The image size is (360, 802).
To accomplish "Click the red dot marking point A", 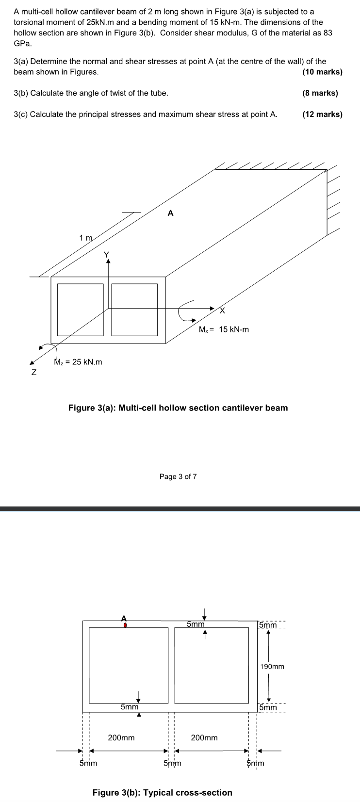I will (x=125, y=625).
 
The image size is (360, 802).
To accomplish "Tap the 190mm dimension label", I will (x=272, y=666).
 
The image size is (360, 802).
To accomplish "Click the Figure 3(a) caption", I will (x=178, y=408).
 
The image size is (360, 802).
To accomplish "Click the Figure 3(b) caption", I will (x=162, y=792).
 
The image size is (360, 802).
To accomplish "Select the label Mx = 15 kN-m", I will (x=224, y=329).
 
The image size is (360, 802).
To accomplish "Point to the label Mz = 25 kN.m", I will (x=78, y=362).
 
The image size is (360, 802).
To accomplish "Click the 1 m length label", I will (x=86, y=238).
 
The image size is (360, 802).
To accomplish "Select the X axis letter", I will (x=223, y=311).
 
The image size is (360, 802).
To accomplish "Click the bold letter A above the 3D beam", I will (x=170, y=213).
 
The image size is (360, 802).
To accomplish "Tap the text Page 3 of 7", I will (x=178, y=476).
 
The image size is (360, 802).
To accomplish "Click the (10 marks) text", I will (x=322, y=72).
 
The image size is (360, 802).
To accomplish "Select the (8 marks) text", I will (x=320, y=93).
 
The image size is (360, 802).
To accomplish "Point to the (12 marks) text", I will (x=322, y=114).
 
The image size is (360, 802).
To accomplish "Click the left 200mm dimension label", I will (x=121, y=737).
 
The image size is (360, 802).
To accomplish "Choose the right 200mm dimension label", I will (x=204, y=737).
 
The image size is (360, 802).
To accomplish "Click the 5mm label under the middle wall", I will (x=172, y=763).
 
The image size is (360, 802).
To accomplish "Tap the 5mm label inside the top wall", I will (x=196, y=623).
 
